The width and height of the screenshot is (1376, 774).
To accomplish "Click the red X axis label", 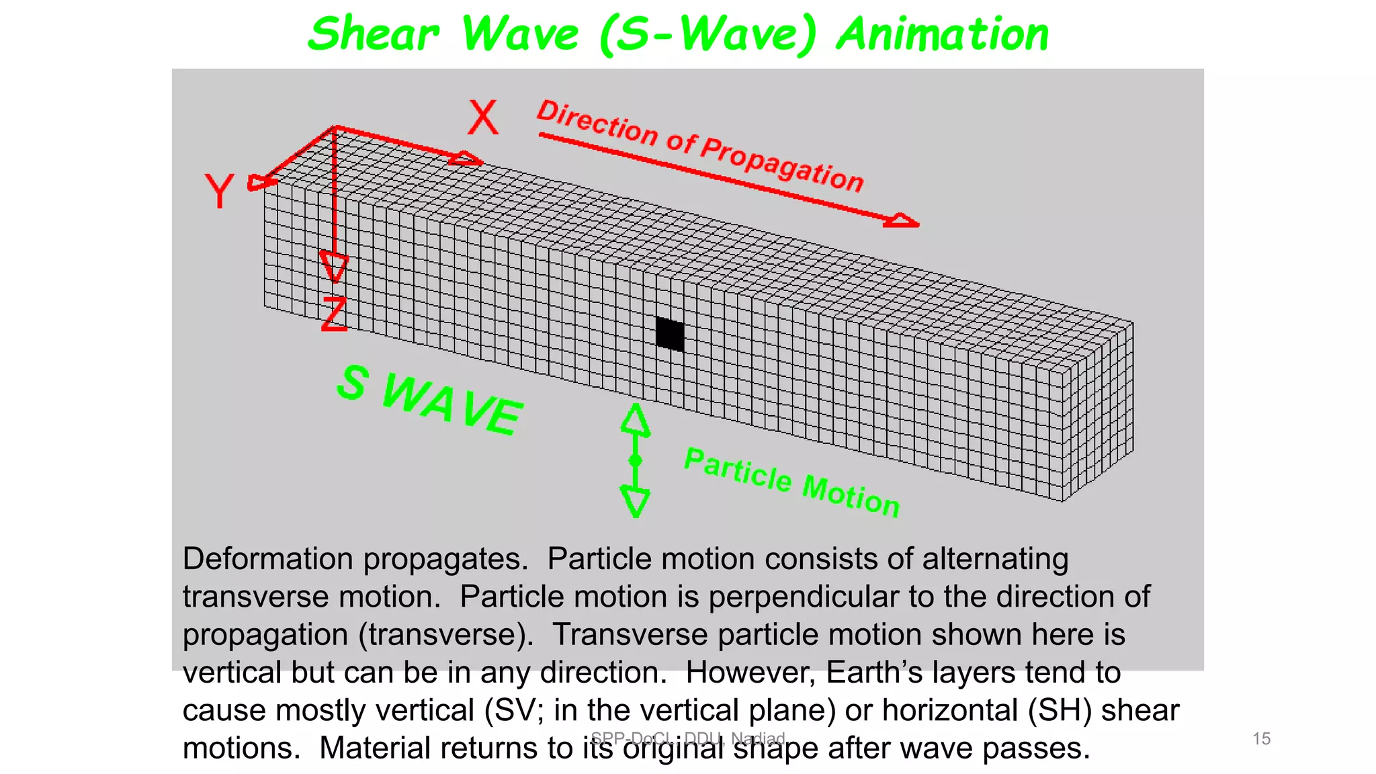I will point(483,118).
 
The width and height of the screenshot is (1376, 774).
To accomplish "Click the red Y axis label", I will point(219,191).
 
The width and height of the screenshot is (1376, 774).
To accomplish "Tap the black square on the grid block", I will point(670,335).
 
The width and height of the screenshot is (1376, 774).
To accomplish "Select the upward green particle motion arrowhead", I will point(636,419).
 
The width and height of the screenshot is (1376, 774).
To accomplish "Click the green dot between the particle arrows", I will point(636,460).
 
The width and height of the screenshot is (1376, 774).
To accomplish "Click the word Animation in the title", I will point(943,35).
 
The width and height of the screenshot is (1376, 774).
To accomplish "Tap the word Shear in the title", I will point(374,35).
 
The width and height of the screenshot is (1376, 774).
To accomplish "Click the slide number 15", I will point(1261,739).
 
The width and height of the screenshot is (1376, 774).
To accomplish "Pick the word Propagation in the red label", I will point(783,164).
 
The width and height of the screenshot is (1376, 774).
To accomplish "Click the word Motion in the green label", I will point(851,496).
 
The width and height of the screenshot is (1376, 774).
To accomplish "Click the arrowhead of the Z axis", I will point(334,266).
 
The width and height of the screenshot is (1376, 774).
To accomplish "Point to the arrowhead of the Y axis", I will point(260,183).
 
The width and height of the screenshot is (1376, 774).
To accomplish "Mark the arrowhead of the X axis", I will point(466,159).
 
